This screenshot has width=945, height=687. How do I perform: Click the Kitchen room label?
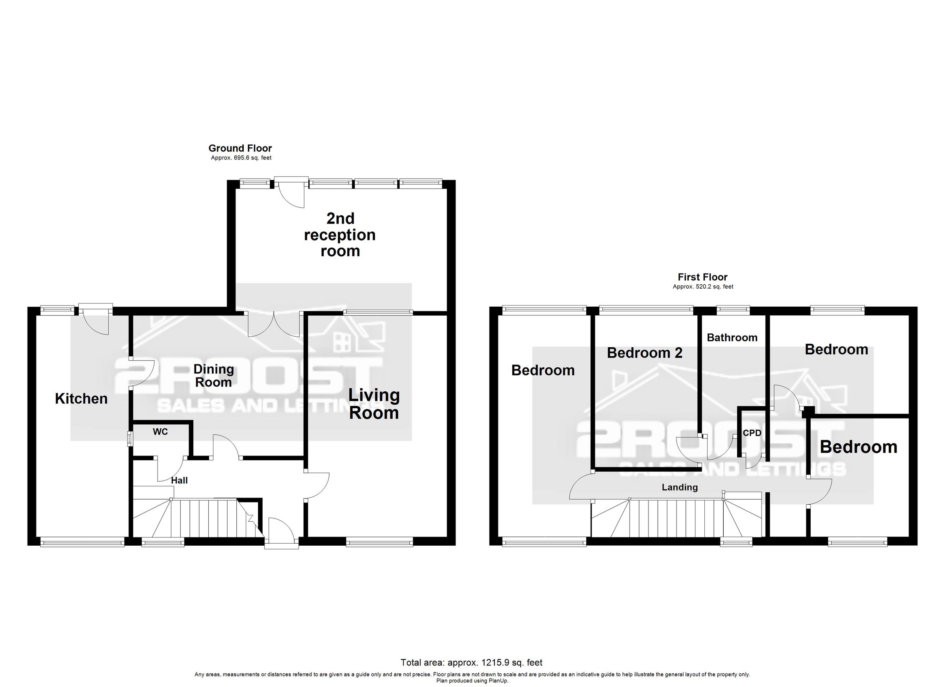point(81,399)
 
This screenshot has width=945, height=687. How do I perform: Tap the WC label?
point(160,431)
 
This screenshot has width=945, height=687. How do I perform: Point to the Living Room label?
point(374,404)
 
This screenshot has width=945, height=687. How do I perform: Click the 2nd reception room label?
point(339,235)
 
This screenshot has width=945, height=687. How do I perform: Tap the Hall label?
point(179,480)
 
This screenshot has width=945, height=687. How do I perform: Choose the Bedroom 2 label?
point(644,353)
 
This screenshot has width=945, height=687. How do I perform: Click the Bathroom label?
point(732,337)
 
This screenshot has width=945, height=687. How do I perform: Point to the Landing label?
point(680,487)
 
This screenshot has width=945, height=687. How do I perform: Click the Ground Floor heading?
point(240,148)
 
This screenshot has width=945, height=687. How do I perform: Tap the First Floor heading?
point(702,277)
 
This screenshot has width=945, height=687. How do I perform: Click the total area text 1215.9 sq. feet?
point(471,663)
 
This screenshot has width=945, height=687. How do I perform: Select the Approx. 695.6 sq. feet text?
point(241,158)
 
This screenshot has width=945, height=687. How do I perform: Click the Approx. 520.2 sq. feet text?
point(702,287)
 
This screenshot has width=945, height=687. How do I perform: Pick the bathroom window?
point(733,309)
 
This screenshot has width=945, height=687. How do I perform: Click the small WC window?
point(130,438)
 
